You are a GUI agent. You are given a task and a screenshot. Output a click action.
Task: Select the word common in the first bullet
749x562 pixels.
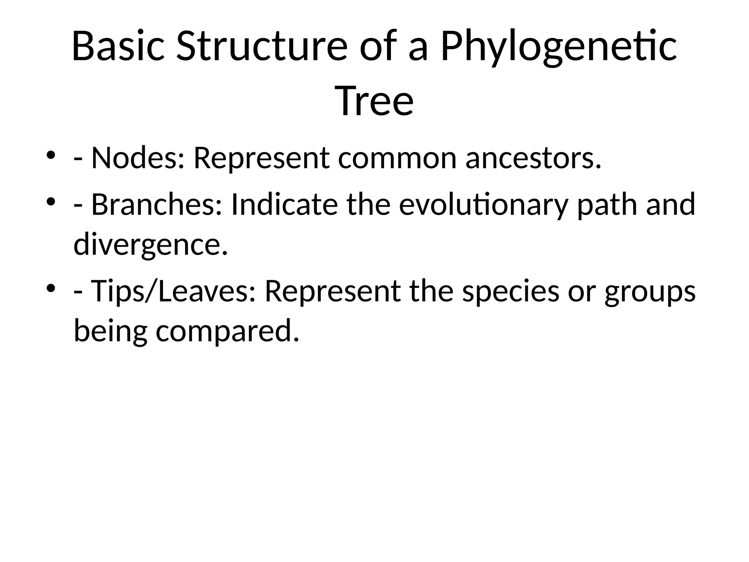pyautogui.click(x=397, y=158)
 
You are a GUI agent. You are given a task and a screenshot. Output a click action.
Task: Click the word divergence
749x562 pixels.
pyautogui.click(x=150, y=245)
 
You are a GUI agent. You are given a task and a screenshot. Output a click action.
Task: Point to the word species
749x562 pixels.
pyautogui.click(x=511, y=292)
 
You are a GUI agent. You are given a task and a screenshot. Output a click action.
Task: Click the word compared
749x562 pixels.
pyautogui.click(x=227, y=331)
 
